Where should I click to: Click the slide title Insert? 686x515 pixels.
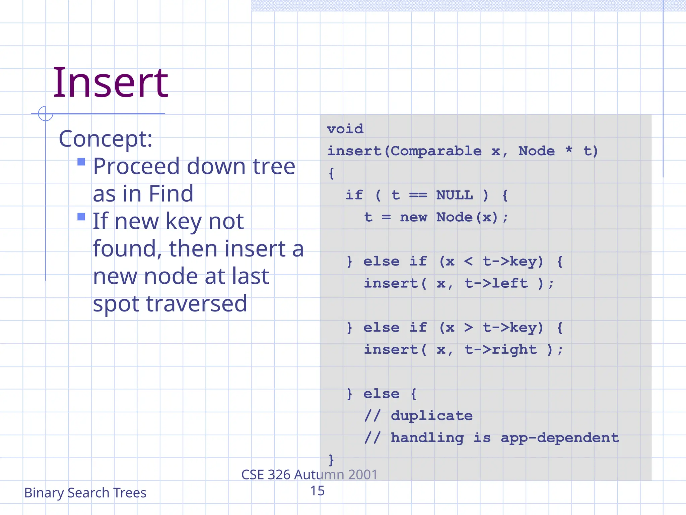[111, 83]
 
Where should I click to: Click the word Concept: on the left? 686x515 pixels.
[106, 139]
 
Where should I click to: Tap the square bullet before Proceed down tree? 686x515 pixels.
[81, 162]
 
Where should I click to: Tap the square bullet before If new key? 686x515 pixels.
[81, 217]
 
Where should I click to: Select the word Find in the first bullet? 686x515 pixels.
[171, 194]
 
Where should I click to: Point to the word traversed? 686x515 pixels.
[197, 304]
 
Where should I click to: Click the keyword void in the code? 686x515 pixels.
[345, 129]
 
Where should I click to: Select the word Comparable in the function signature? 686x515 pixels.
[436, 151]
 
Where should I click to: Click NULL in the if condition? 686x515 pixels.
[455, 195]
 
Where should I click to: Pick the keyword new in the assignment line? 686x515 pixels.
[413, 217]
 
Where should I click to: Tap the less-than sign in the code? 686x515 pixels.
[468, 261]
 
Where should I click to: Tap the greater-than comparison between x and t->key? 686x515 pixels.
[468, 327]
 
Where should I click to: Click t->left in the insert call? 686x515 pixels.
[496, 284]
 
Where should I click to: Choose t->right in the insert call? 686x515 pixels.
[501, 350]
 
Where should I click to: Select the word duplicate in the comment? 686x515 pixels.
[432, 416]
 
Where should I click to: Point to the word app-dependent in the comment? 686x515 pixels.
[560, 438]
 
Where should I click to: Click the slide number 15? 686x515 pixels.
[317, 491]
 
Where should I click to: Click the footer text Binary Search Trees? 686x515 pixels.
[85, 493]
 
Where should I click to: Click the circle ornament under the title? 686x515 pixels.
[46, 113]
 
